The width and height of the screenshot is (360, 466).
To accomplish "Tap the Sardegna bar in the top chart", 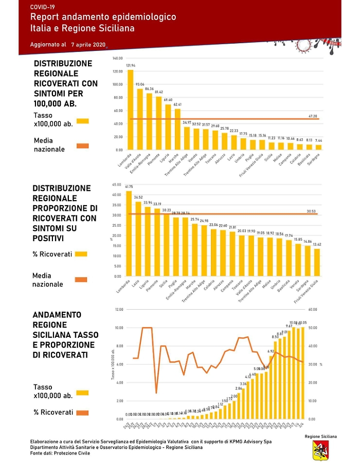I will tap(319, 147).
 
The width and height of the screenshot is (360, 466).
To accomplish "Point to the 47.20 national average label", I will tap(313, 116).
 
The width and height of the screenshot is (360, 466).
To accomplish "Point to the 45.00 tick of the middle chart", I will tap(117, 184).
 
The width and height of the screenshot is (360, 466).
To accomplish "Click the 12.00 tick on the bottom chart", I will tap(119, 309).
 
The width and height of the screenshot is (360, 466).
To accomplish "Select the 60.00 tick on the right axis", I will tap(312, 309).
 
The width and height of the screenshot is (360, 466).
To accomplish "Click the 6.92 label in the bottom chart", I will tap(271, 351).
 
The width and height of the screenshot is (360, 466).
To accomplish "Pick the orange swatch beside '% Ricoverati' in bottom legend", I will tap(81, 412).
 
